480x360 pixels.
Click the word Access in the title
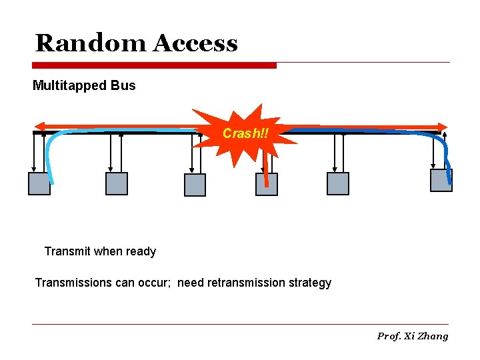(x=195, y=43)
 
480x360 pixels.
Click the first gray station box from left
(x=39, y=183)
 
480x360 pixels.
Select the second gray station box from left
(x=117, y=183)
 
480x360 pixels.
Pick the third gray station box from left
(x=195, y=185)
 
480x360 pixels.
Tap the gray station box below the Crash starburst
(x=267, y=184)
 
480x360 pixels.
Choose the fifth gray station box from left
(x=338, y=183)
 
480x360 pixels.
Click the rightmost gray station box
(x=441, y=180)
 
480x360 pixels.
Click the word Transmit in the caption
(x=67, y=251)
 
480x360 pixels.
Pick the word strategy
(x=310, y=283)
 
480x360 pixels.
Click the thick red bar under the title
(x=155, y=65)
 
